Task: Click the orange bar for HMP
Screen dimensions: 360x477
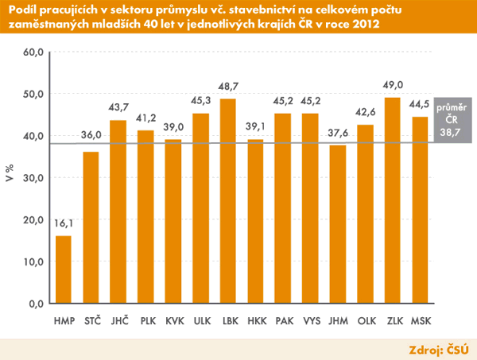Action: [x=63, y=269]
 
